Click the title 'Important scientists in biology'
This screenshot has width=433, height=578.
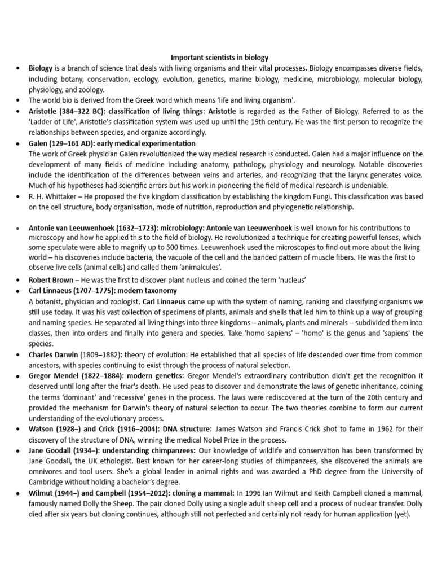tap(220, 58)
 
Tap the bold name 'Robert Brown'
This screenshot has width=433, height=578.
tap(51, 279)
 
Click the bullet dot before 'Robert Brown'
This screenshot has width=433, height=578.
tap(19, 280)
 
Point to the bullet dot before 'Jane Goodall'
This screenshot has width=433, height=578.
tap(19, 450)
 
